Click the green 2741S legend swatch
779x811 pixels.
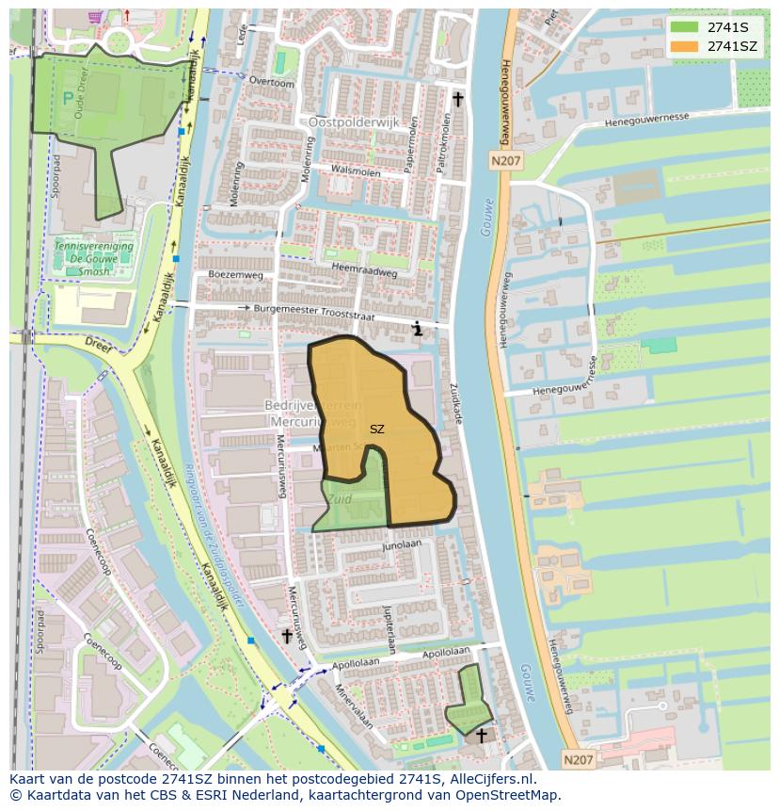683,26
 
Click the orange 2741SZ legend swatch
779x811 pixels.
683,46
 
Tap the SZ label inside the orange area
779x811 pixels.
376,430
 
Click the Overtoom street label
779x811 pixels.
271,82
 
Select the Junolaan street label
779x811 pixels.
401,545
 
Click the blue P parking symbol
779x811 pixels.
67,97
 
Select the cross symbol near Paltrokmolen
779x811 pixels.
458,99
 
